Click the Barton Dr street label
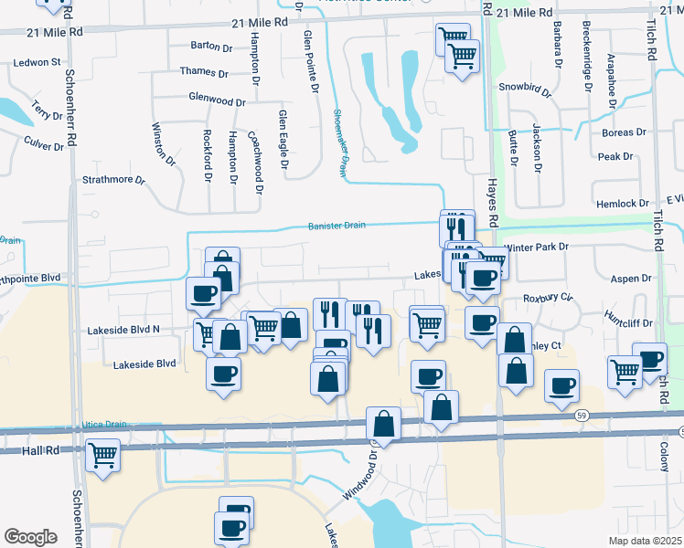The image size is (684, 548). pyautogui.click(x=212, y=46)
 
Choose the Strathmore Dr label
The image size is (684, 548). pyautogui.click(x=114, y=181)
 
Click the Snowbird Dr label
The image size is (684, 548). pyautogui.click(x=526, y=90)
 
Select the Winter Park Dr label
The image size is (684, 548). pyautogui.click(x=536, y=247)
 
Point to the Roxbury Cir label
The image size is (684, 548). pyautogui.click(x=547, y=297)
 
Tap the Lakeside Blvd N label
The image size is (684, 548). pyautogui.click(x=123, y=329)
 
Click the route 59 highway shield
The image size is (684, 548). pyautogui.click(x=582, y=416)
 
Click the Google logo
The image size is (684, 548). pyautogui.click(x=30, y=537)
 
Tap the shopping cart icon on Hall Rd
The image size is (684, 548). pyautogui.click(x=102, y=454)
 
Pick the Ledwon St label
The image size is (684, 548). pyautogui.click(x=37, y=63)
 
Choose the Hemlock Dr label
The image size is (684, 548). pyautogui.click(x=621, y=204)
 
